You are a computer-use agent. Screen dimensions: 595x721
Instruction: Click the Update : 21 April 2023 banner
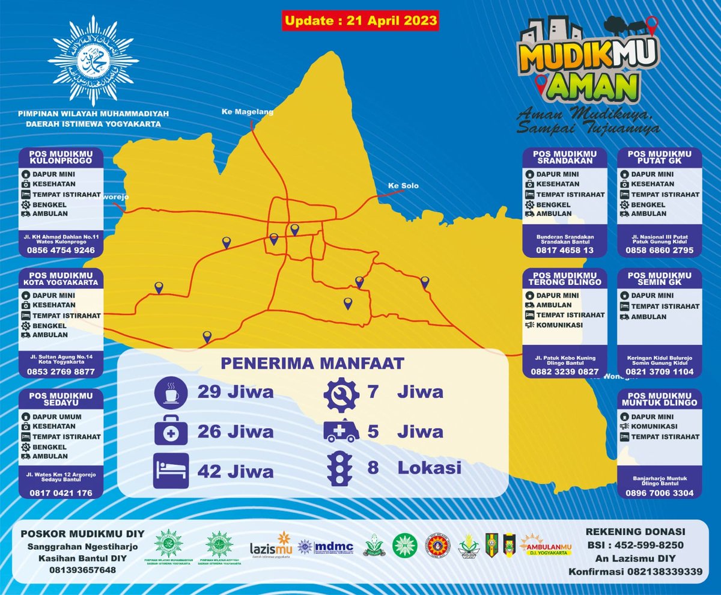pos(360,20)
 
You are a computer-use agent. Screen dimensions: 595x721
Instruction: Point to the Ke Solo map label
pos(403,186)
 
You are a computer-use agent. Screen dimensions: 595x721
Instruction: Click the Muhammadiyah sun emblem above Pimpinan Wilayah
pos(93,61)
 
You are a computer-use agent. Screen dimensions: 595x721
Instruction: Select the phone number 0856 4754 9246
pos(61,251)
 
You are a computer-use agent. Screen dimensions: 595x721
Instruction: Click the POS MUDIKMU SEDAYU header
pos(61,400)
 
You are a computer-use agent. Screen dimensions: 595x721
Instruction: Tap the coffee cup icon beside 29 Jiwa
pos(171,392)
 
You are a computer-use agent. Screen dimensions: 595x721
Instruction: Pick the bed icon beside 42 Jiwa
pos(171,470)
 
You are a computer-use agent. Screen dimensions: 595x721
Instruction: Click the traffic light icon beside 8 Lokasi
pos(340,468)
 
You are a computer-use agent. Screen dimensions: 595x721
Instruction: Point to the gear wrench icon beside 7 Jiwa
pos(341,392)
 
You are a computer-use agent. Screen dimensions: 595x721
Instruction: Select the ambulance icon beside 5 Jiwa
pos(341,431)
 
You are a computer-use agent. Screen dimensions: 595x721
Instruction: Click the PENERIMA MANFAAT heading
pos(312,363)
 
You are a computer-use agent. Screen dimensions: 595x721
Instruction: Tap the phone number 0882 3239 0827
pos(564,372)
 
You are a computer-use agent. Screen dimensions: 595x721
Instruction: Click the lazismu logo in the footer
pos(270,545)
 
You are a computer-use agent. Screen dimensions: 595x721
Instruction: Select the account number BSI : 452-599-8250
pos(636,545)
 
